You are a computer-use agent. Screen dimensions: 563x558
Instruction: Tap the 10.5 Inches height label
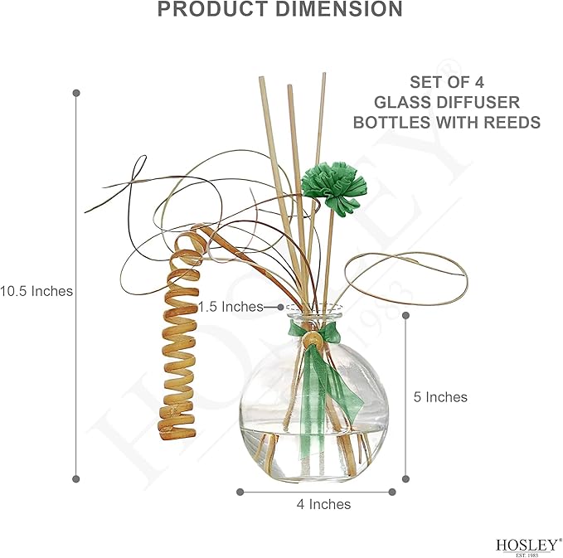click(36, 291)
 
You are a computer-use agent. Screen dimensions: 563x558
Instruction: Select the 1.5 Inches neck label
click(231, 307)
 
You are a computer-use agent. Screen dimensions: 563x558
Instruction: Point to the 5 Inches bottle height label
click(440, 397)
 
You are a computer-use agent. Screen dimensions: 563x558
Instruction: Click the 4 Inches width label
click(323, 504)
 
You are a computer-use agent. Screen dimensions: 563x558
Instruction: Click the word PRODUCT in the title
click(213, 9)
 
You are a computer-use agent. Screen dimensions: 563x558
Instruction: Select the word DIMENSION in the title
click(339, 9)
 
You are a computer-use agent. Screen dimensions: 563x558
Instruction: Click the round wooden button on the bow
click(312, 339)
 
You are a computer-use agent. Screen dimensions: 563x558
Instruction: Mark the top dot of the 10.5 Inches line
click(76, 93)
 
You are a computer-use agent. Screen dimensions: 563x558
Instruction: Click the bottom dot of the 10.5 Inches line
click(75, 478)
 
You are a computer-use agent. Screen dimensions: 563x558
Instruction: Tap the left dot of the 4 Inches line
click(240, 492)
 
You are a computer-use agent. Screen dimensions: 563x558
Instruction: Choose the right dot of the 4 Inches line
click(392, 492)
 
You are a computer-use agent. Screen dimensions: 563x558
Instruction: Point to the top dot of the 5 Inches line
click(406, 315)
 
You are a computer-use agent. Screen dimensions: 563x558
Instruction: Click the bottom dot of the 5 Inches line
click(406, 478)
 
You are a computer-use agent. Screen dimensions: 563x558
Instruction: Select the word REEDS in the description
click(512, 123)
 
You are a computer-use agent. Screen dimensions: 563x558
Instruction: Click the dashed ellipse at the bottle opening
click(314, 304)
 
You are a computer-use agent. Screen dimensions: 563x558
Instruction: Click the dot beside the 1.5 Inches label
click(281, 307)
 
